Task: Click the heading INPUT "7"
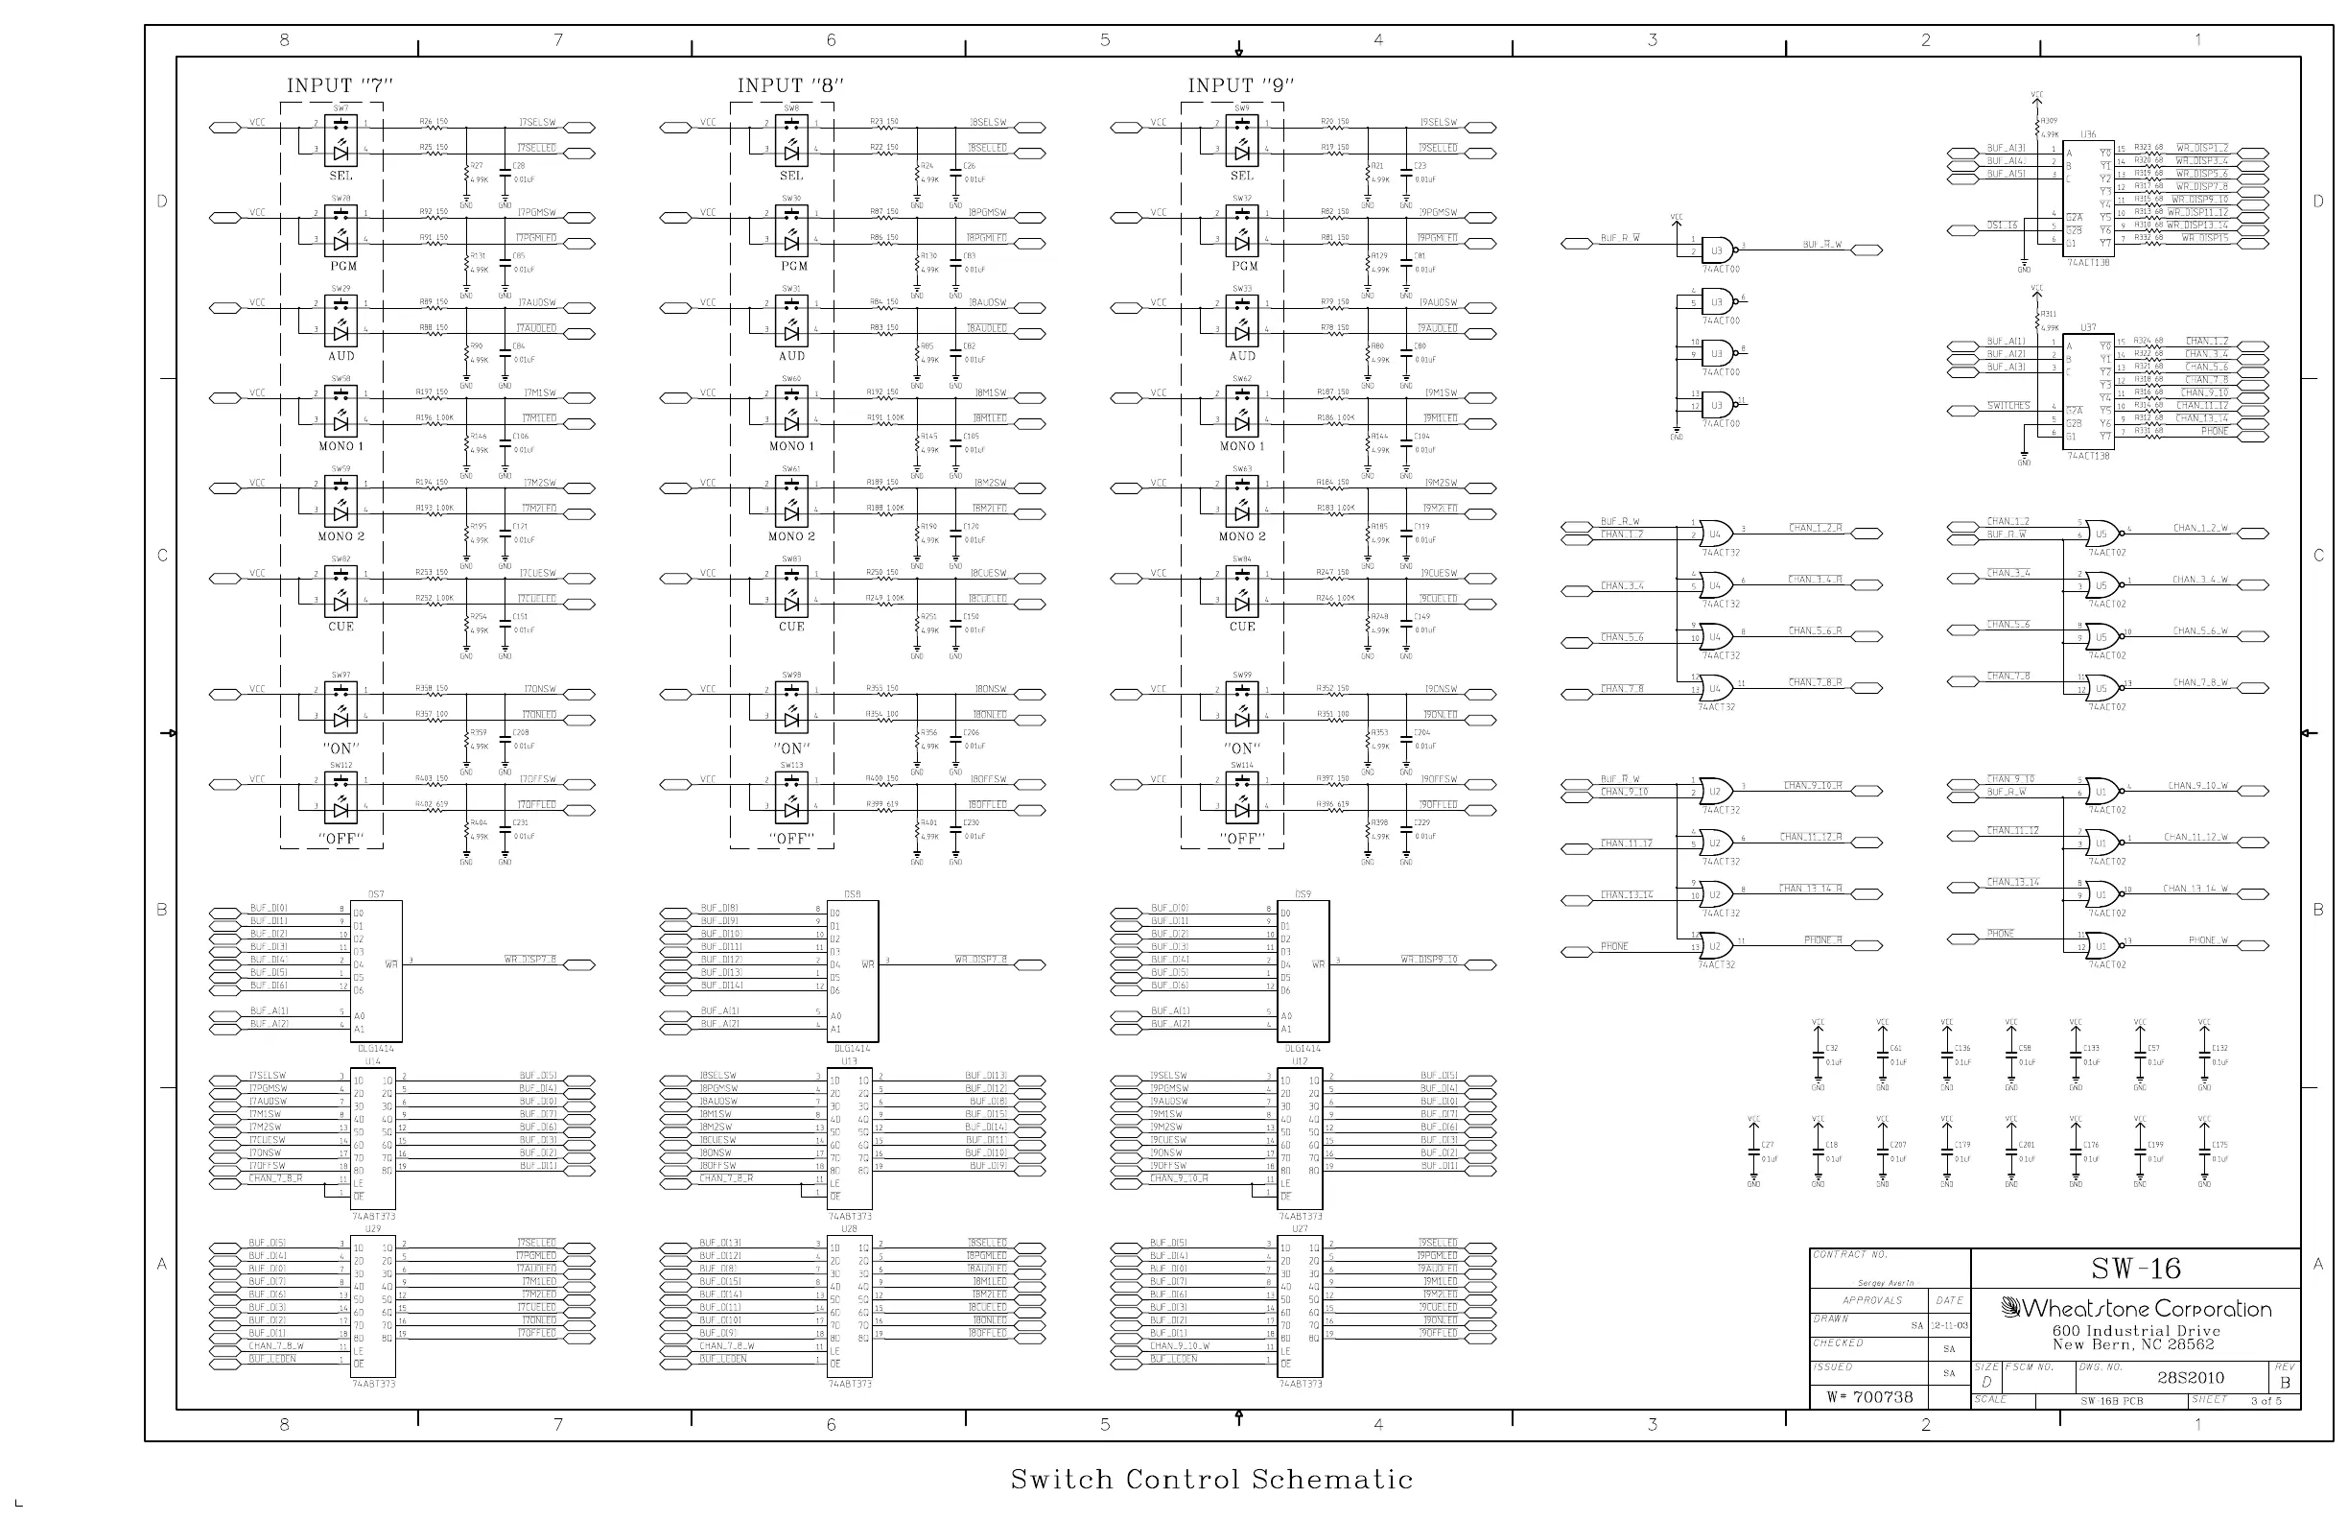click(340, 85)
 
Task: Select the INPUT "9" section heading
click(1240, 85)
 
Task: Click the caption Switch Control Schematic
click(1210, 1479)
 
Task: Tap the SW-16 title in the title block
click(2135, 1269)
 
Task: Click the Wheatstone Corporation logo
click(2136, 1309)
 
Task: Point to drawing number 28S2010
click(2190, 1377)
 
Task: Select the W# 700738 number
click(1869, 1396)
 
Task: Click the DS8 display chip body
click(855, 970)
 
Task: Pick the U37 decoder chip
click(2088, 392)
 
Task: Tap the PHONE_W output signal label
click(2208, 940)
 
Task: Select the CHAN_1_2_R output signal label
click(1816, 528)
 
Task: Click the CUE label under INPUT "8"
click(791, 627)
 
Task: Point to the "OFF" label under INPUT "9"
click(1241, 839)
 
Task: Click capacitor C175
click(2204, 1151)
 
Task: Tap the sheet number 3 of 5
click(2266, 1401)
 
